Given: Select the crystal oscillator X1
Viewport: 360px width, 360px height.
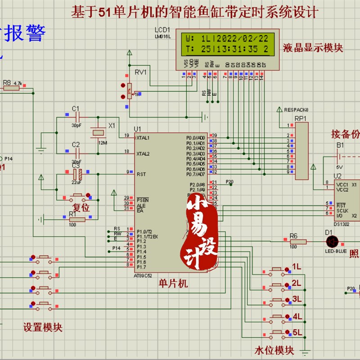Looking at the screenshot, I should pos(97,132).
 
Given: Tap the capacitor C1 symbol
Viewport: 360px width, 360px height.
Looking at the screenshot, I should pos(76,117).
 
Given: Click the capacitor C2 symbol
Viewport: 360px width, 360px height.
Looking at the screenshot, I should pos(76,153).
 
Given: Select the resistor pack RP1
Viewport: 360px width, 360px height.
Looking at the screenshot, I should pos(301,151).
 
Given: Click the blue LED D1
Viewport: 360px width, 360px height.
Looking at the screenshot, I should pos(332,242).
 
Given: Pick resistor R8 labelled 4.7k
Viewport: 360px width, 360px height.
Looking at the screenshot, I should pos(12,89).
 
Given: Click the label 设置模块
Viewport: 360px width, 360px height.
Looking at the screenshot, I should pos(43,327).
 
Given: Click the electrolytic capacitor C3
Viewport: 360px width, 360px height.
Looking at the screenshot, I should pos(76,172).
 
